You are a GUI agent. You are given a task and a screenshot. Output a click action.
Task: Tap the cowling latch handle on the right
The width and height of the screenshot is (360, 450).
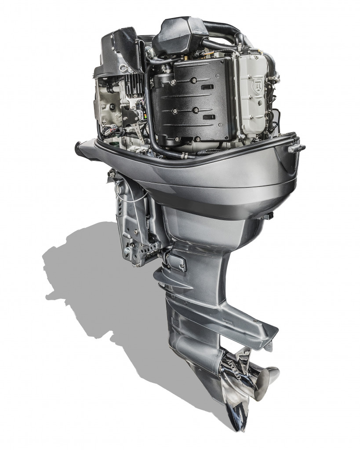click(295, 148)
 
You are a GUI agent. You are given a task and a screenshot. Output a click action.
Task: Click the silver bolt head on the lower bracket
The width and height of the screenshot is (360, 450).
click(127, 251)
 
